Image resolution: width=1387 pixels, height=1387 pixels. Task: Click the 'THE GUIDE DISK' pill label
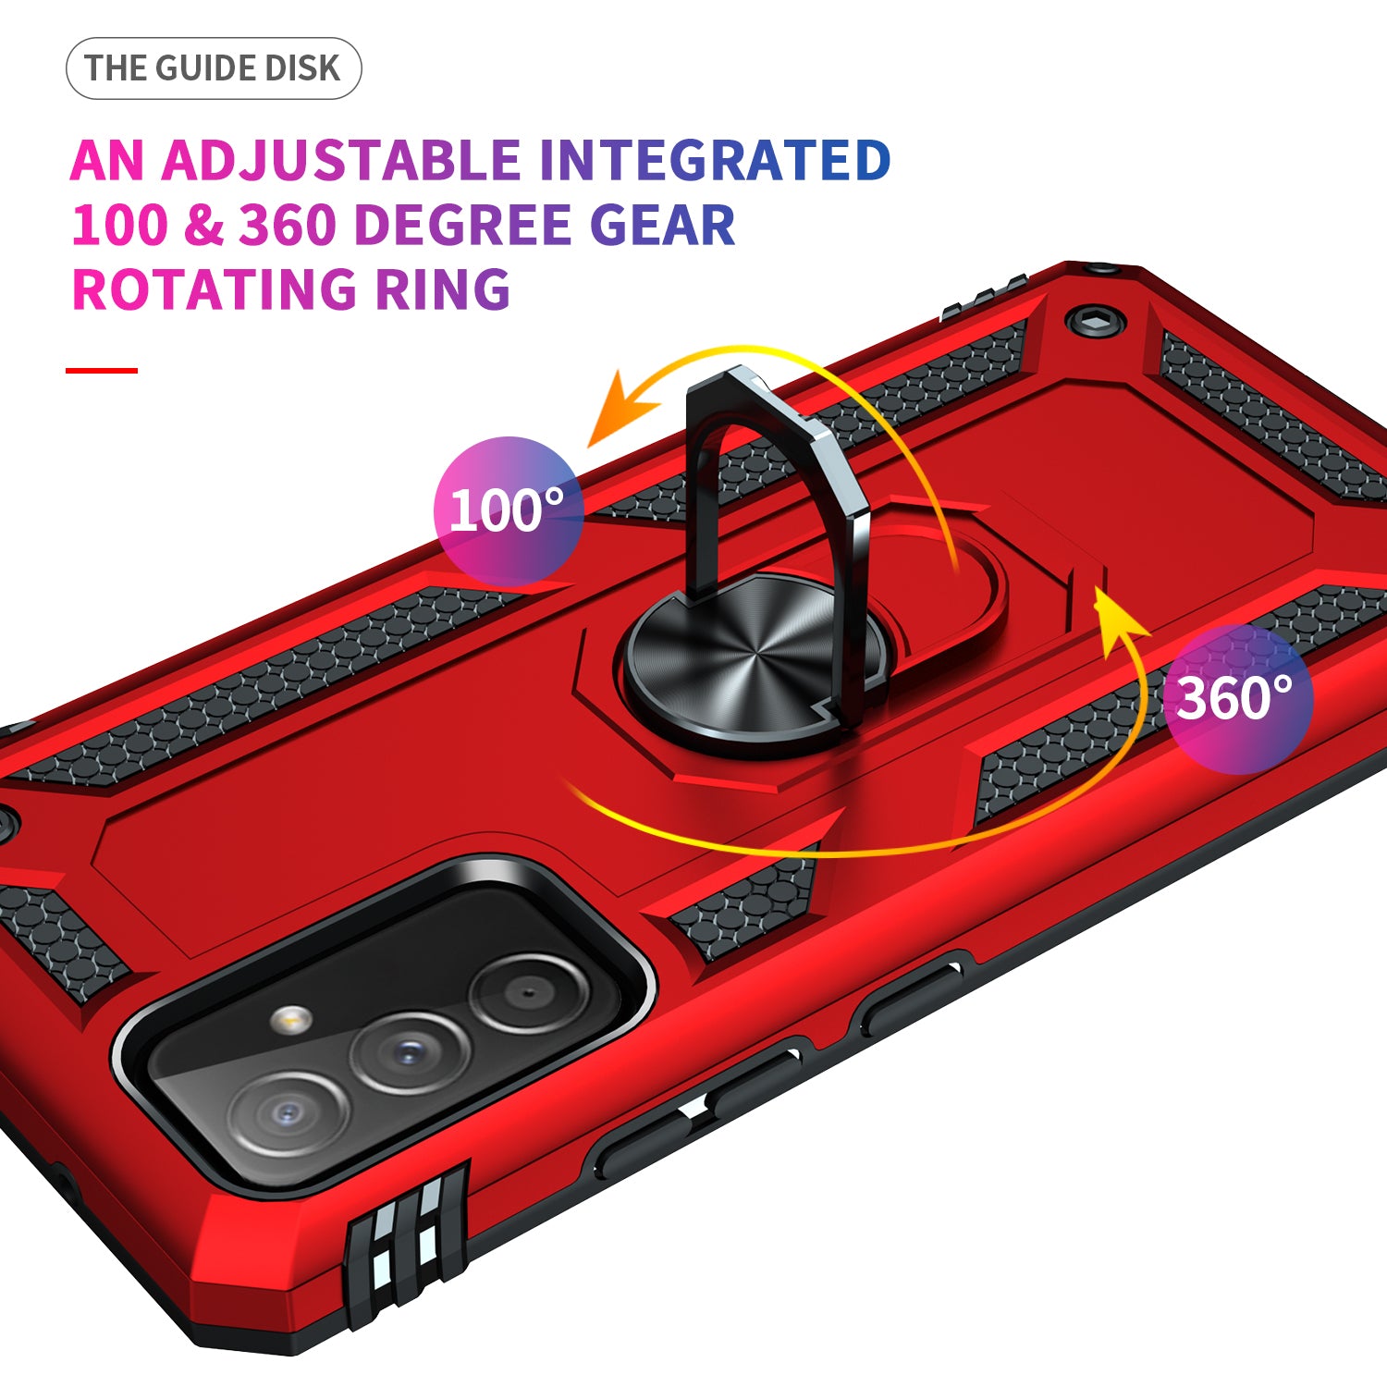pos(214,68)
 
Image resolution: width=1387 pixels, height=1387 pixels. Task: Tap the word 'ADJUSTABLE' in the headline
pos(341,160)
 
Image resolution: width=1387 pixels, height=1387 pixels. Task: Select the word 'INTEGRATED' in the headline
pos(715,160)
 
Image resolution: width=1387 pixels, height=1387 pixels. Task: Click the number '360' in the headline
pos(287,225)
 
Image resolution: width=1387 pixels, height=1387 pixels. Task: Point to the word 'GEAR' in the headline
pos(662,225)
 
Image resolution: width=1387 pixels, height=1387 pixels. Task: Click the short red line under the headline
pos(102,371)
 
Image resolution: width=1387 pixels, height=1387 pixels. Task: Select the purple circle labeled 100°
pos(508,510)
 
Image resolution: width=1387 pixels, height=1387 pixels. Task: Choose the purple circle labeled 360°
pos(1238,698)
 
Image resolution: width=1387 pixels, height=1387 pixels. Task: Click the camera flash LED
pos(291,1018)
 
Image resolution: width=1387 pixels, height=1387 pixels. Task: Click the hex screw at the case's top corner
pos(1096,320)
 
